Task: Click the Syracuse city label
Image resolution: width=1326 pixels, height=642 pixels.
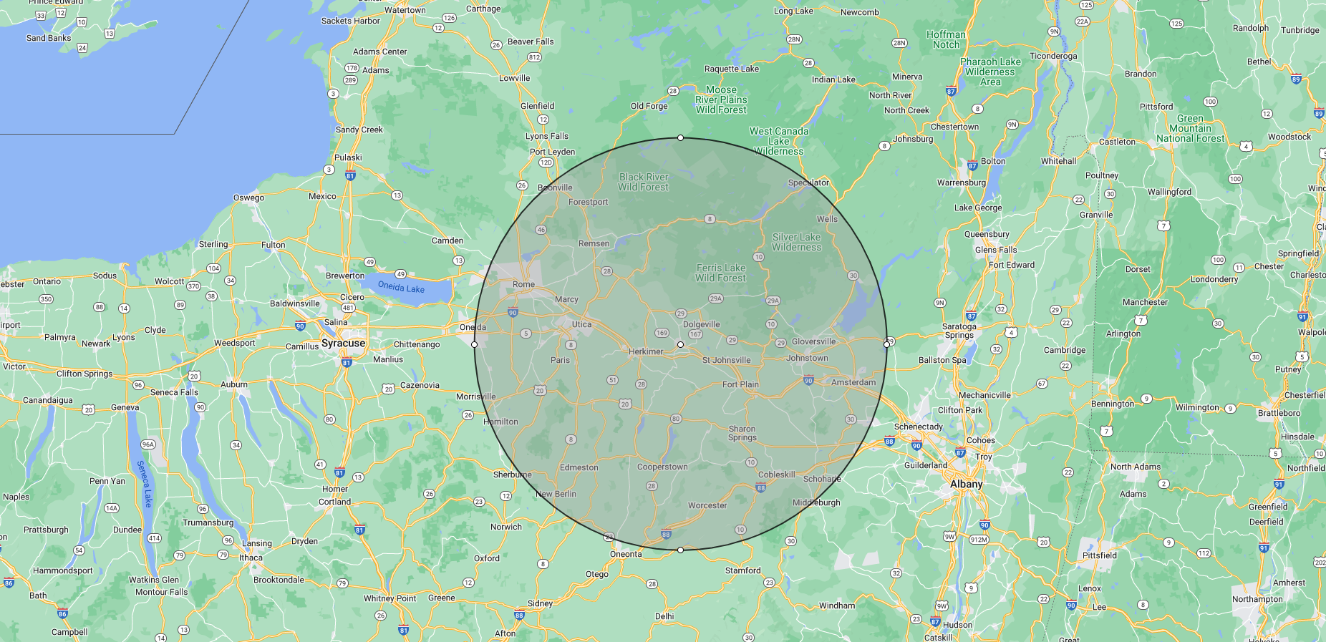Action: click(343, 344)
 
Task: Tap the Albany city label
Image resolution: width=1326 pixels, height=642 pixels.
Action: click(966, 485)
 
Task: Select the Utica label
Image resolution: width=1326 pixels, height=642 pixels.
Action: click(581, 324)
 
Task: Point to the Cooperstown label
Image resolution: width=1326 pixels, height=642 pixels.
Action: click(662, 467)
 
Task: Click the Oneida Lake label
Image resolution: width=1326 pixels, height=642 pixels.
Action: click(401, 287)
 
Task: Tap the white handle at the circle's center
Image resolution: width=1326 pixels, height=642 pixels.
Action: click(680, 344)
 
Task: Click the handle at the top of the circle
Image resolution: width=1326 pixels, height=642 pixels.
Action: click(680, 137)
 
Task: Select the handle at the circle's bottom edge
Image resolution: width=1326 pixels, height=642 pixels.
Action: click(680, 550)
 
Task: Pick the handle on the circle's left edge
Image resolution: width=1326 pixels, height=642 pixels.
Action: click(474, 344)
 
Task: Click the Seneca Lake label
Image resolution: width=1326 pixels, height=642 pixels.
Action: click(145, 484)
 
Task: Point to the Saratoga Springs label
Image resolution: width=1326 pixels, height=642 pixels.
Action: click(959, 331)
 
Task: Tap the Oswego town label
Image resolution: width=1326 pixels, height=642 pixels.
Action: click(248, 198)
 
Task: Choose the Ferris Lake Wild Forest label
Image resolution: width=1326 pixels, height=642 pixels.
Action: click(720, 273)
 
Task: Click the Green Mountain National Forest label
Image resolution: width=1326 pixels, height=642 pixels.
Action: click(1190, 129)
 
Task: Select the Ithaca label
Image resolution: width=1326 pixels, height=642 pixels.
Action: click(251, 558)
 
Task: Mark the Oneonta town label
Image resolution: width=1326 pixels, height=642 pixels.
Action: click(626, 554)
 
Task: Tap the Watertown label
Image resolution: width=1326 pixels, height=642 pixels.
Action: click(405, 10)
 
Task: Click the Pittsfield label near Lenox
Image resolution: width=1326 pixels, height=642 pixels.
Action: click(1099, 555)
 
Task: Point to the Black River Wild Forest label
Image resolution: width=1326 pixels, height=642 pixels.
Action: click(643, 182)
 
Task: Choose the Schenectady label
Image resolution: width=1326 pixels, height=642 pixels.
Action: click(918, 427)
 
